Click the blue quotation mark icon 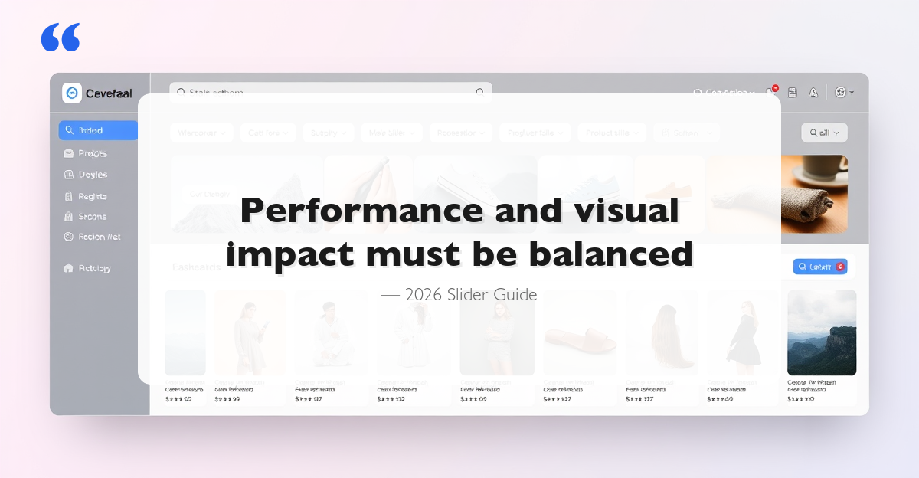[x=61, y=38]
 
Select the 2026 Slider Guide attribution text [x=459, y=295]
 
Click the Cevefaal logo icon [x=72, y=93]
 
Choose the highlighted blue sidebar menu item [x=98, y=130]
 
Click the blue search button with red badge [x=820, y=267]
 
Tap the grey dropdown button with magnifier [x=824, y=133]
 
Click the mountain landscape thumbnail [x=822, y=332]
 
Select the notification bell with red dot [x=771, y=92]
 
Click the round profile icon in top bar [x=840, y=92]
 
